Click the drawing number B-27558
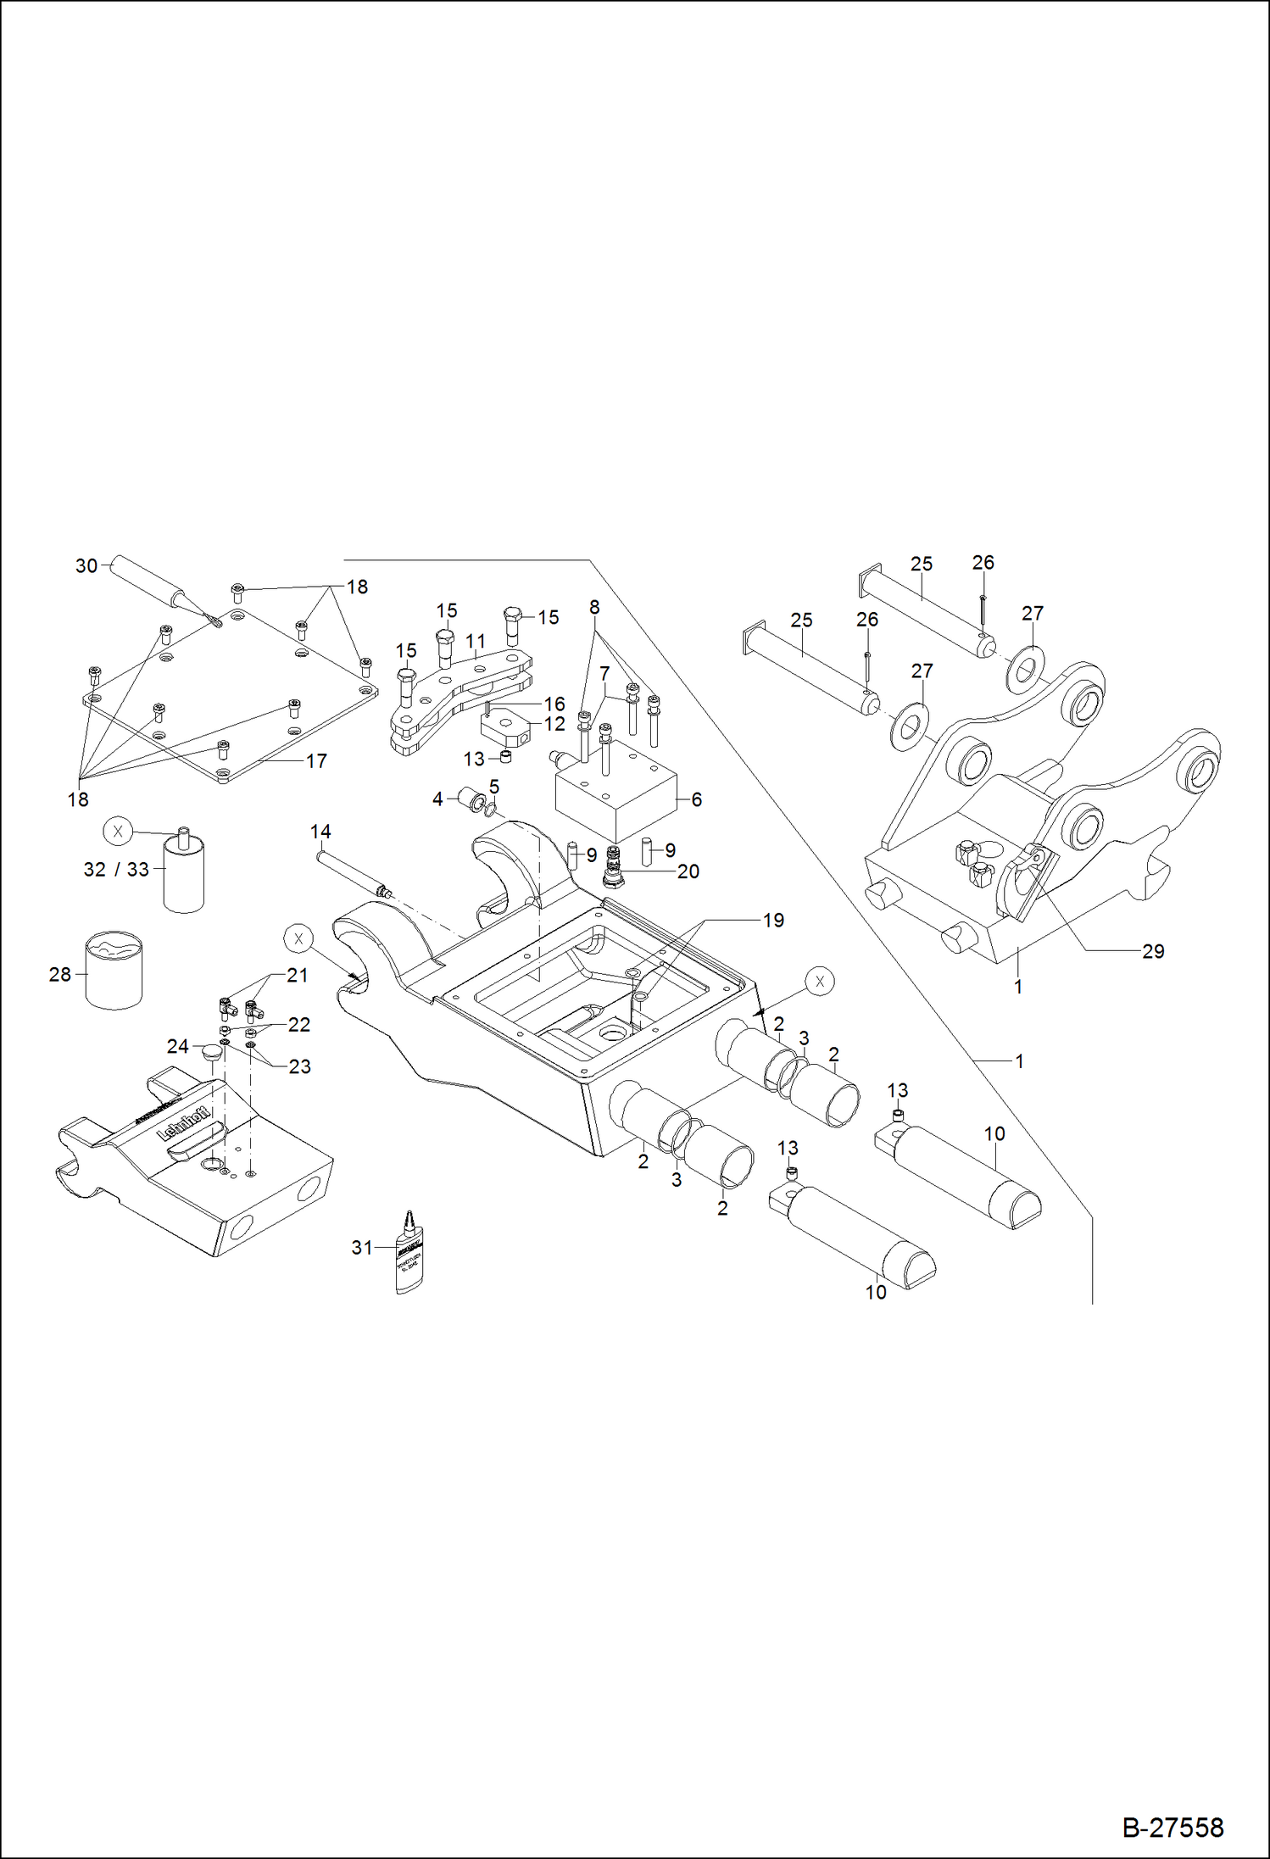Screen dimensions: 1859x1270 (x=1173, y=1827)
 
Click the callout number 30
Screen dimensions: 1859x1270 (x=86, y=565)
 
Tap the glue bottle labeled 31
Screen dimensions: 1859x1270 (x=409, y=1253)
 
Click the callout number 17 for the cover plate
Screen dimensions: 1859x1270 (x=316, y=760)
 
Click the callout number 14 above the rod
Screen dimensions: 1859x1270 (x=320, y=832)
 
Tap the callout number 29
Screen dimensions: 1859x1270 (x=1153, y=951)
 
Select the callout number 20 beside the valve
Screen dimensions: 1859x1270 (x=688, y=871)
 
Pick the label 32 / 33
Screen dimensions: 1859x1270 (x=116, y=869)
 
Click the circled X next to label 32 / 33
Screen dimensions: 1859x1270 (x=118, y=832)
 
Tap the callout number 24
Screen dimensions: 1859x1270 (x=177, y=1046)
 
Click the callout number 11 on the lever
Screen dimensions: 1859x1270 (x=476, y=642)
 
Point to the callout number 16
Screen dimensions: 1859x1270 (x=554, y=704)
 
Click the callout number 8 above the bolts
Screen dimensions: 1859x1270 (x=594, y=607)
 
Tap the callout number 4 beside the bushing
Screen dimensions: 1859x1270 (x=437, y=799)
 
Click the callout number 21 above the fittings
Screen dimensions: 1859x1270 (x=297, y=975)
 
